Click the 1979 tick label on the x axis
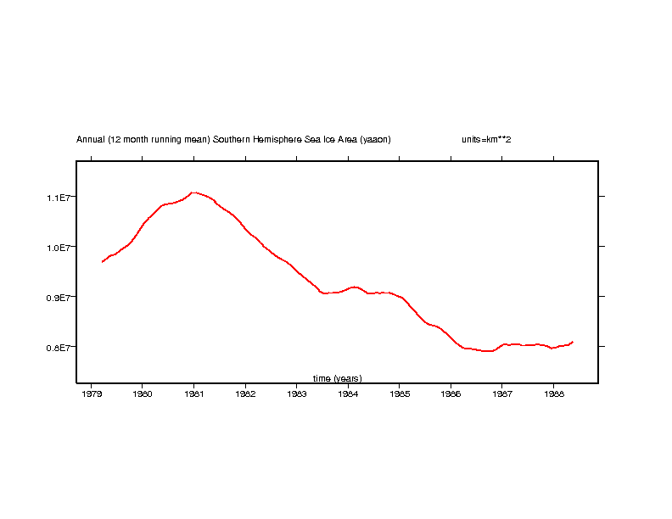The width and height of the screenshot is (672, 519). tap(91, 393)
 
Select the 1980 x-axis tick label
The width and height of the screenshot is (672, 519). tap(143, 393)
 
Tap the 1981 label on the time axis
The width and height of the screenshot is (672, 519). tap(193, 393)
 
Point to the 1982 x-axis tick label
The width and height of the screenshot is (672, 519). tap(245, 393)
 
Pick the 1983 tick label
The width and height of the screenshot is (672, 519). tap(296, 393)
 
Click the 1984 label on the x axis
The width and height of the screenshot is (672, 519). tap(348, 393)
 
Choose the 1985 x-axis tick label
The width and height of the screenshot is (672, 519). tap(400, 393)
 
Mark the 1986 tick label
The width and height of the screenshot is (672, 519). tap(451, 393)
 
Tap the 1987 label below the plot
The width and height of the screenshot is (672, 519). tap(502, 393)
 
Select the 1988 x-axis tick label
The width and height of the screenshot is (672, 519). tap(553, 393)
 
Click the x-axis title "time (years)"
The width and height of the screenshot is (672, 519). tap(337, 378)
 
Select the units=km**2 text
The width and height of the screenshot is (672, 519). tap(486, 139)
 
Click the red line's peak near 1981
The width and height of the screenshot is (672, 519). tap(194, 193)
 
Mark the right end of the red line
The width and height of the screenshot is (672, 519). tap(573, 342)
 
